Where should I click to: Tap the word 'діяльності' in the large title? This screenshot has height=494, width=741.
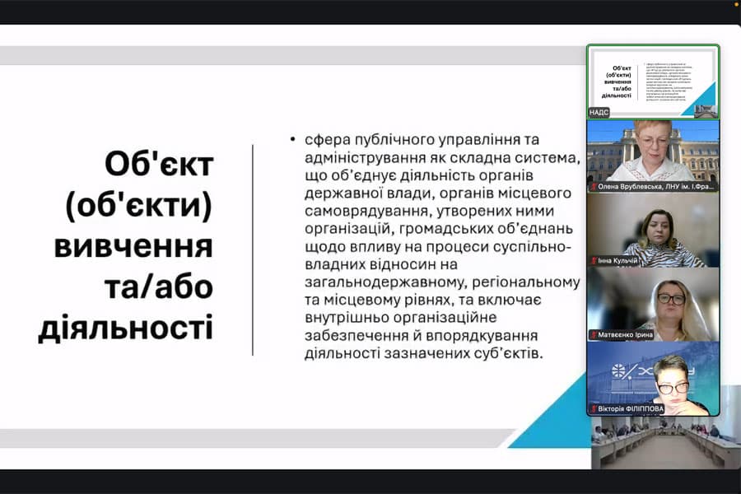pos(125,328)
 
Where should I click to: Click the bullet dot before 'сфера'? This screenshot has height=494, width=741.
pos(292,139)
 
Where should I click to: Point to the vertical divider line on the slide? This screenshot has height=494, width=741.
pos(253,249)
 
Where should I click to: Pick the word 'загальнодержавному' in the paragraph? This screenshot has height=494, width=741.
pos(375,282)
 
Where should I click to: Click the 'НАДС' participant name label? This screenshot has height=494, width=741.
pos(599,112)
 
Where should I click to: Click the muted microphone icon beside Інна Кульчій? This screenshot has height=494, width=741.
pos(594,260)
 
